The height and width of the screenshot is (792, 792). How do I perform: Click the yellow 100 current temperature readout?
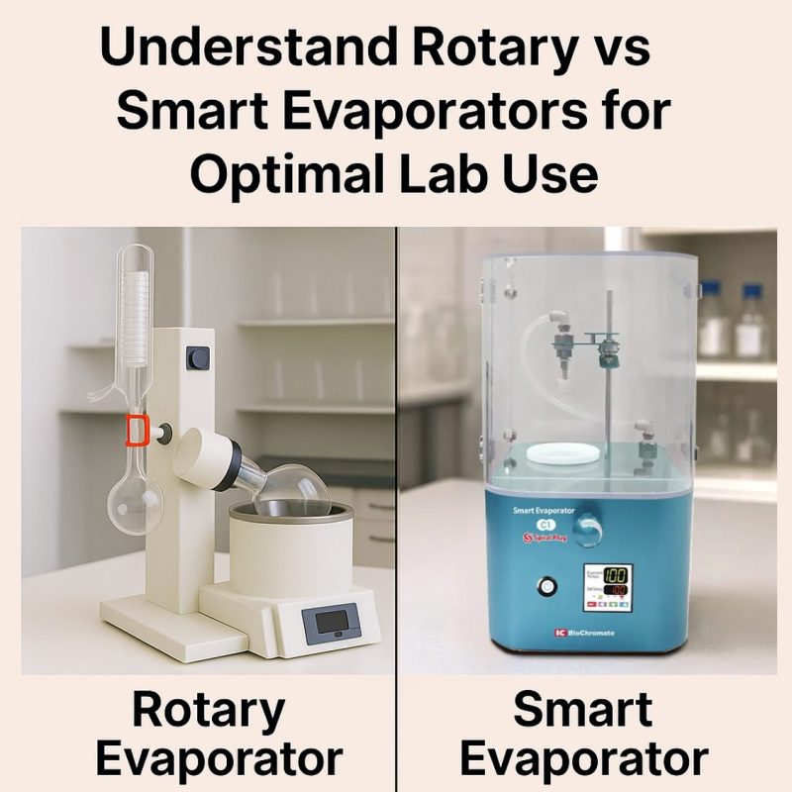pos(617,575)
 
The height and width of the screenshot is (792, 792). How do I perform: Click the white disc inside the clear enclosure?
pos(562,453)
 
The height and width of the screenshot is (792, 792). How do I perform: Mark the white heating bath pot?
pos(290,549)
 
